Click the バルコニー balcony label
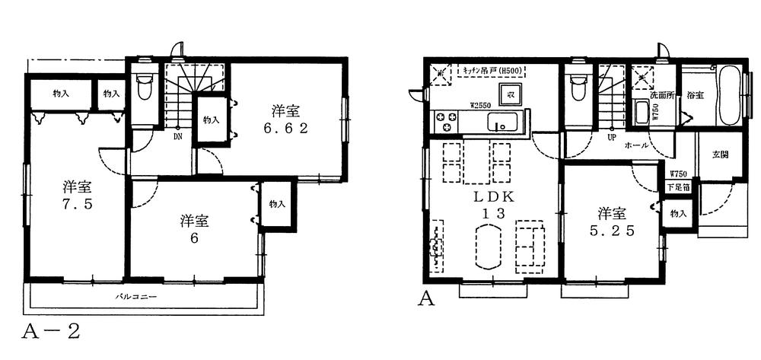click(136, 295)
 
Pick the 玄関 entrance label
click(720, 155)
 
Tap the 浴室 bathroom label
click(694, 96)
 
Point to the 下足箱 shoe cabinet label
click(679, 186)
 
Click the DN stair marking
click(178, 138)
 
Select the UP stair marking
click(610, 139)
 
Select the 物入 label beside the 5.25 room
click(677, 214)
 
